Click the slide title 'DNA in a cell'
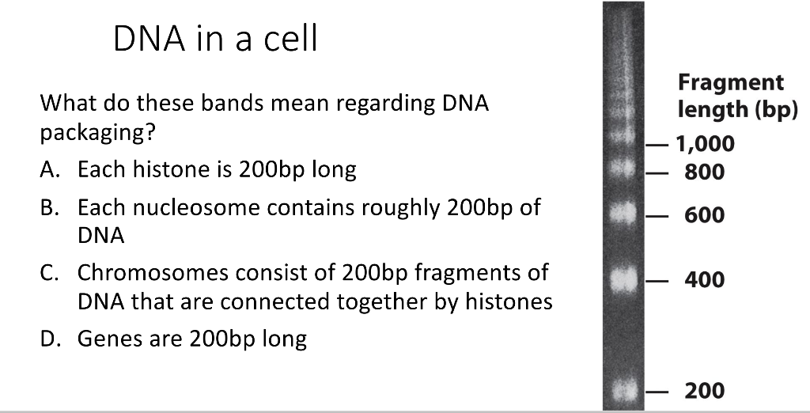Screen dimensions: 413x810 click(215, 38)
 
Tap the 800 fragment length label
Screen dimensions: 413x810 click(705, 172)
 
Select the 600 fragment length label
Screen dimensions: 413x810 click(705, 215)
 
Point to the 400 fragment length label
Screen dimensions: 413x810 click(705, 279)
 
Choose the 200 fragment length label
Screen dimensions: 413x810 click(705, 390)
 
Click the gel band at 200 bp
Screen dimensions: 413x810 click(623, 390)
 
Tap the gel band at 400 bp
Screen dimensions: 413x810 click(623, 279)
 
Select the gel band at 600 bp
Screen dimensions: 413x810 click(623, 214)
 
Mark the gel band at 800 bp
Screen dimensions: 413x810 click(623, 171)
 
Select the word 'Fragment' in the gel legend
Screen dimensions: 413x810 click(730, 82)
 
